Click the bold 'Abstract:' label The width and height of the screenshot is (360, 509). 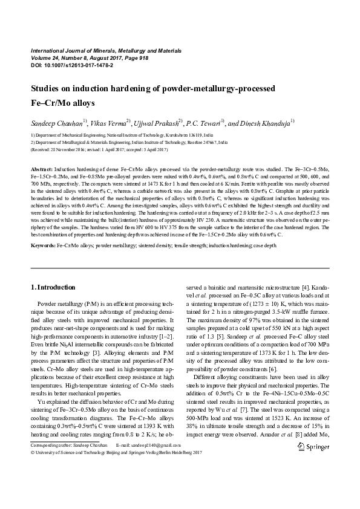[x=42, y=165]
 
